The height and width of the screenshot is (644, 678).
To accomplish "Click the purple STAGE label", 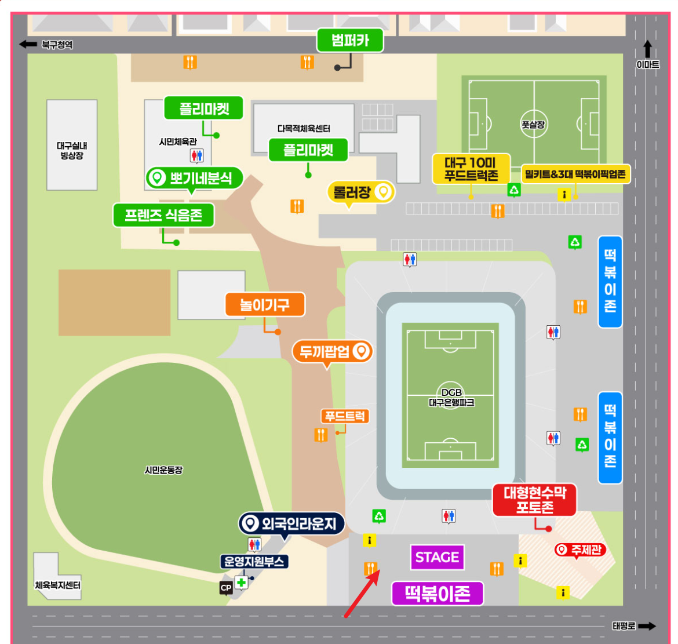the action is click(437, 558).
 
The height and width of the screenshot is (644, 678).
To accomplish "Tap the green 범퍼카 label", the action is click(350, 40).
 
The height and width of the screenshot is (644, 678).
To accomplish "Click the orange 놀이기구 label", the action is click(264, 304).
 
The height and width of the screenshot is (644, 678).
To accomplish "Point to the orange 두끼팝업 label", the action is click(332, 351).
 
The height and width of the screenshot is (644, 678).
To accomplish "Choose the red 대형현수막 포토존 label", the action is click(534, 500).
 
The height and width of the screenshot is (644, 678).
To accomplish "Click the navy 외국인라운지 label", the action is click(292, 524).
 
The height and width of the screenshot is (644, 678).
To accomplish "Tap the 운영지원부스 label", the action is click(254, 561).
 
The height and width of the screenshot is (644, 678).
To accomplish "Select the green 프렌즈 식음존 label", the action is click(163, 216).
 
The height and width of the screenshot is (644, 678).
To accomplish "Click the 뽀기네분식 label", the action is click(194, 178).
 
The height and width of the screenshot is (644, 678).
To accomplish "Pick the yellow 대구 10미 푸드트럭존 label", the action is click(471, 169).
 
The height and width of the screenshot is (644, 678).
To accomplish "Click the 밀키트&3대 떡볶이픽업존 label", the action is click(575, 174).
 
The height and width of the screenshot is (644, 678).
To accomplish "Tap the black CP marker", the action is click(226, 588).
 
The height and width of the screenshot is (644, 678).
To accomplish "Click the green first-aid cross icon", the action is click(241, 582).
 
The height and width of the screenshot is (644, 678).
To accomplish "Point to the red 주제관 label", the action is click(580, 550).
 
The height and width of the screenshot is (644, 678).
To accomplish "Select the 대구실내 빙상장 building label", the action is click(72, 151).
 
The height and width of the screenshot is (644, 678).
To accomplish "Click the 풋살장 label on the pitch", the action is click(533, 124).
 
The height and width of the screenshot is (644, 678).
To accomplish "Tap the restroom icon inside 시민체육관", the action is click(197, 155).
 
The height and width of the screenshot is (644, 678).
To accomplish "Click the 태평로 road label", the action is click(624, 626).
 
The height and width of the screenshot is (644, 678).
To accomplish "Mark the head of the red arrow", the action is click(380, 571).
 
